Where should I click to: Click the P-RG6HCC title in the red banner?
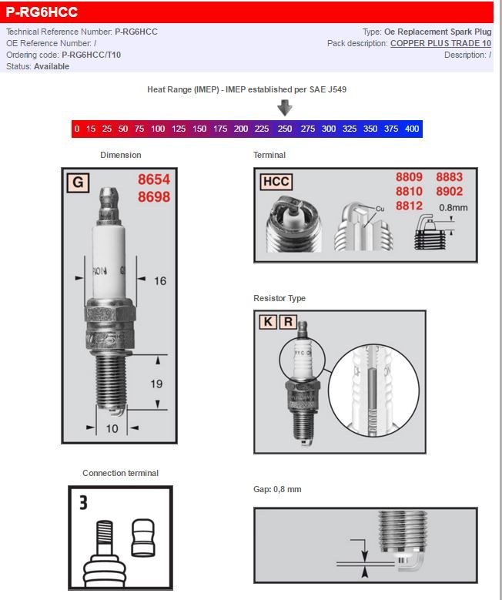pyautogui.click(x=42, y=12)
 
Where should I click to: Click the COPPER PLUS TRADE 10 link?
pyautogui.click(x=440, y=44)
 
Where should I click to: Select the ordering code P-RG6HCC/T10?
pyautogui.click(x=91, y=55)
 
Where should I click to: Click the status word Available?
pyautogui.click(x=52, y=67)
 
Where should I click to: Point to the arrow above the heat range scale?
pyautogui.click(x=285, y=107)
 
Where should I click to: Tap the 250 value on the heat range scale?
pyautogui.click(x=285, y=129)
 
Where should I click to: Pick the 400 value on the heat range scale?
pyautogui.click(x=412, y=129)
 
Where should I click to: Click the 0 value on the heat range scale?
pyautogui.click(x=78, y=129)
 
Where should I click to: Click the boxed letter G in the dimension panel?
pyautogui.click(x=77, y=183)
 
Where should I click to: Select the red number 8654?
pyautogui.click(x=154, y=179)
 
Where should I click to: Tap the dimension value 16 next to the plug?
pyautogui.click(x=159, y=281)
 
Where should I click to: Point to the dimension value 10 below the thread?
pyautogui.click(x=112, y=428)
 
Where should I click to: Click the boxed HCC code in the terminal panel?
pyautogui.click(x=276, y=182)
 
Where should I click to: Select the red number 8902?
pyautogui.click(x=449, y=192)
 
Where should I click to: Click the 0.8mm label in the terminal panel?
pyautogui.click(x=453, y=208)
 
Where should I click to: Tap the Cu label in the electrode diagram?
pyautogui.click(x=380, y=209)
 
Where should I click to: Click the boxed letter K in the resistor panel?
pyautogui.click(x=267, y=322)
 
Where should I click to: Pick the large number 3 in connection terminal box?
pyautogui.click(x=83, y=503)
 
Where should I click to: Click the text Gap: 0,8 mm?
pyautogui.click(x=277, y=490)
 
